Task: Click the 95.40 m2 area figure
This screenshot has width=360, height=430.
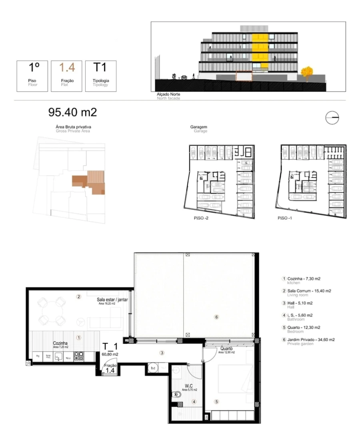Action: point(72,112)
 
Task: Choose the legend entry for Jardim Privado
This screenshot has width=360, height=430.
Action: point(308,340)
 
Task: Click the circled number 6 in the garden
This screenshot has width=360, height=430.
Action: point(216,317)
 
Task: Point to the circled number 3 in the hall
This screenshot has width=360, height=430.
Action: point(162,353)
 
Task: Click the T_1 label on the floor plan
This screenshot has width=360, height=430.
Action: point(110,346)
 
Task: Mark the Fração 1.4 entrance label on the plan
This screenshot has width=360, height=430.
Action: point(110,368)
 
